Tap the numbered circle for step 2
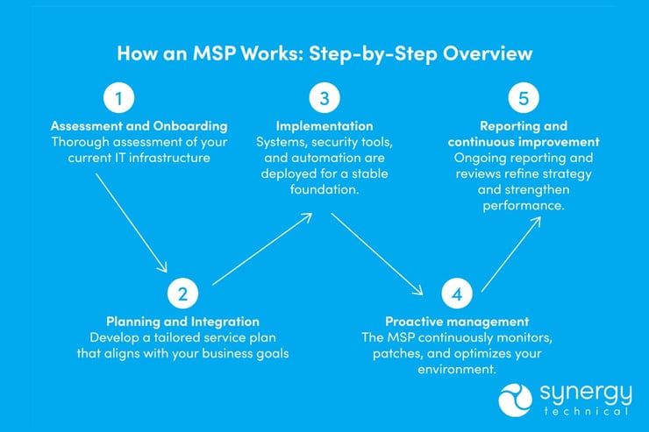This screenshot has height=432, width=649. pos(182,294)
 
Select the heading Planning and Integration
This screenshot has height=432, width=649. pos(182,322)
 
